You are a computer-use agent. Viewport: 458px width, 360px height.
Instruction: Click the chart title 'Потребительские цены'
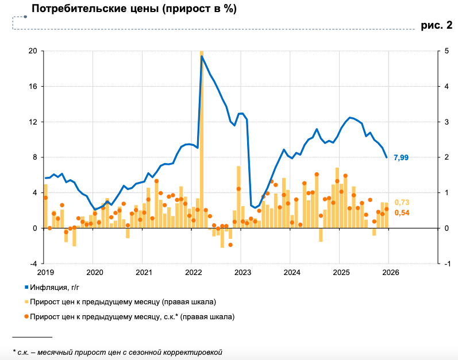tap(134, 9)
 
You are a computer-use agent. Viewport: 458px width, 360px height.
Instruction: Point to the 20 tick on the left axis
tap(33, 51)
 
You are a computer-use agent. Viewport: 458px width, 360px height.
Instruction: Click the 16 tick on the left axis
tap(33, 87)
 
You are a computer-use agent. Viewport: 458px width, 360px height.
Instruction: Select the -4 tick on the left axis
tap(33, 264)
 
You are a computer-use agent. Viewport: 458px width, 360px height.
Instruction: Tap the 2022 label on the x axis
tap(193, 272)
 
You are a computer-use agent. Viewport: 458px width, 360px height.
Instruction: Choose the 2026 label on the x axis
tap(390, 272)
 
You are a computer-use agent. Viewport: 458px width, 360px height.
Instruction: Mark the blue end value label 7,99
tap(401, 158)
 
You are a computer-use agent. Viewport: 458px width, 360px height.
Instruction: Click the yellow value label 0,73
tap(402, 202)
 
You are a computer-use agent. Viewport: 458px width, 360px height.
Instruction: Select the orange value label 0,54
tap(402, 213)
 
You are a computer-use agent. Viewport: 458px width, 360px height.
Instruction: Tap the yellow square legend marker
tap(26, 301)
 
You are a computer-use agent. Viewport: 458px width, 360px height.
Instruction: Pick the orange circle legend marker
tap(26, 316)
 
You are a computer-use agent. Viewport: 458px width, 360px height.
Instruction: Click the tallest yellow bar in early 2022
tap(202, 138)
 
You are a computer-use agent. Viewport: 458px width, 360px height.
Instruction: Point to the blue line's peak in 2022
tap(202, 56)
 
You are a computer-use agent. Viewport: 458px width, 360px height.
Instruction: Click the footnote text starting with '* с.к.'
tap(117, 352)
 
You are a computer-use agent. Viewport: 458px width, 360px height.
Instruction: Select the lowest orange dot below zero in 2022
tap(230, 245)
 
